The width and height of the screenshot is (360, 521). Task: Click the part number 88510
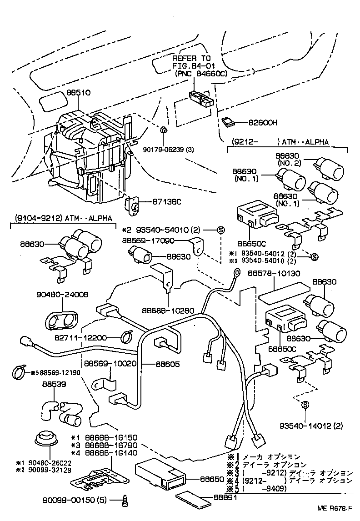tap(79, 92)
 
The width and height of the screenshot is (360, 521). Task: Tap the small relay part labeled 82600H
tap(228, 121)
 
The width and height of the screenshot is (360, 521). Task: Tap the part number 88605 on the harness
tap(167, 364)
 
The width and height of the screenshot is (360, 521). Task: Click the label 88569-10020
tap(110, 364)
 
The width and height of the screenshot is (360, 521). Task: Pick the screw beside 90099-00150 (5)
tap(125, 501)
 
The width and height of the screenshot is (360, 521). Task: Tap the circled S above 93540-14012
tap(305, 405)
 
